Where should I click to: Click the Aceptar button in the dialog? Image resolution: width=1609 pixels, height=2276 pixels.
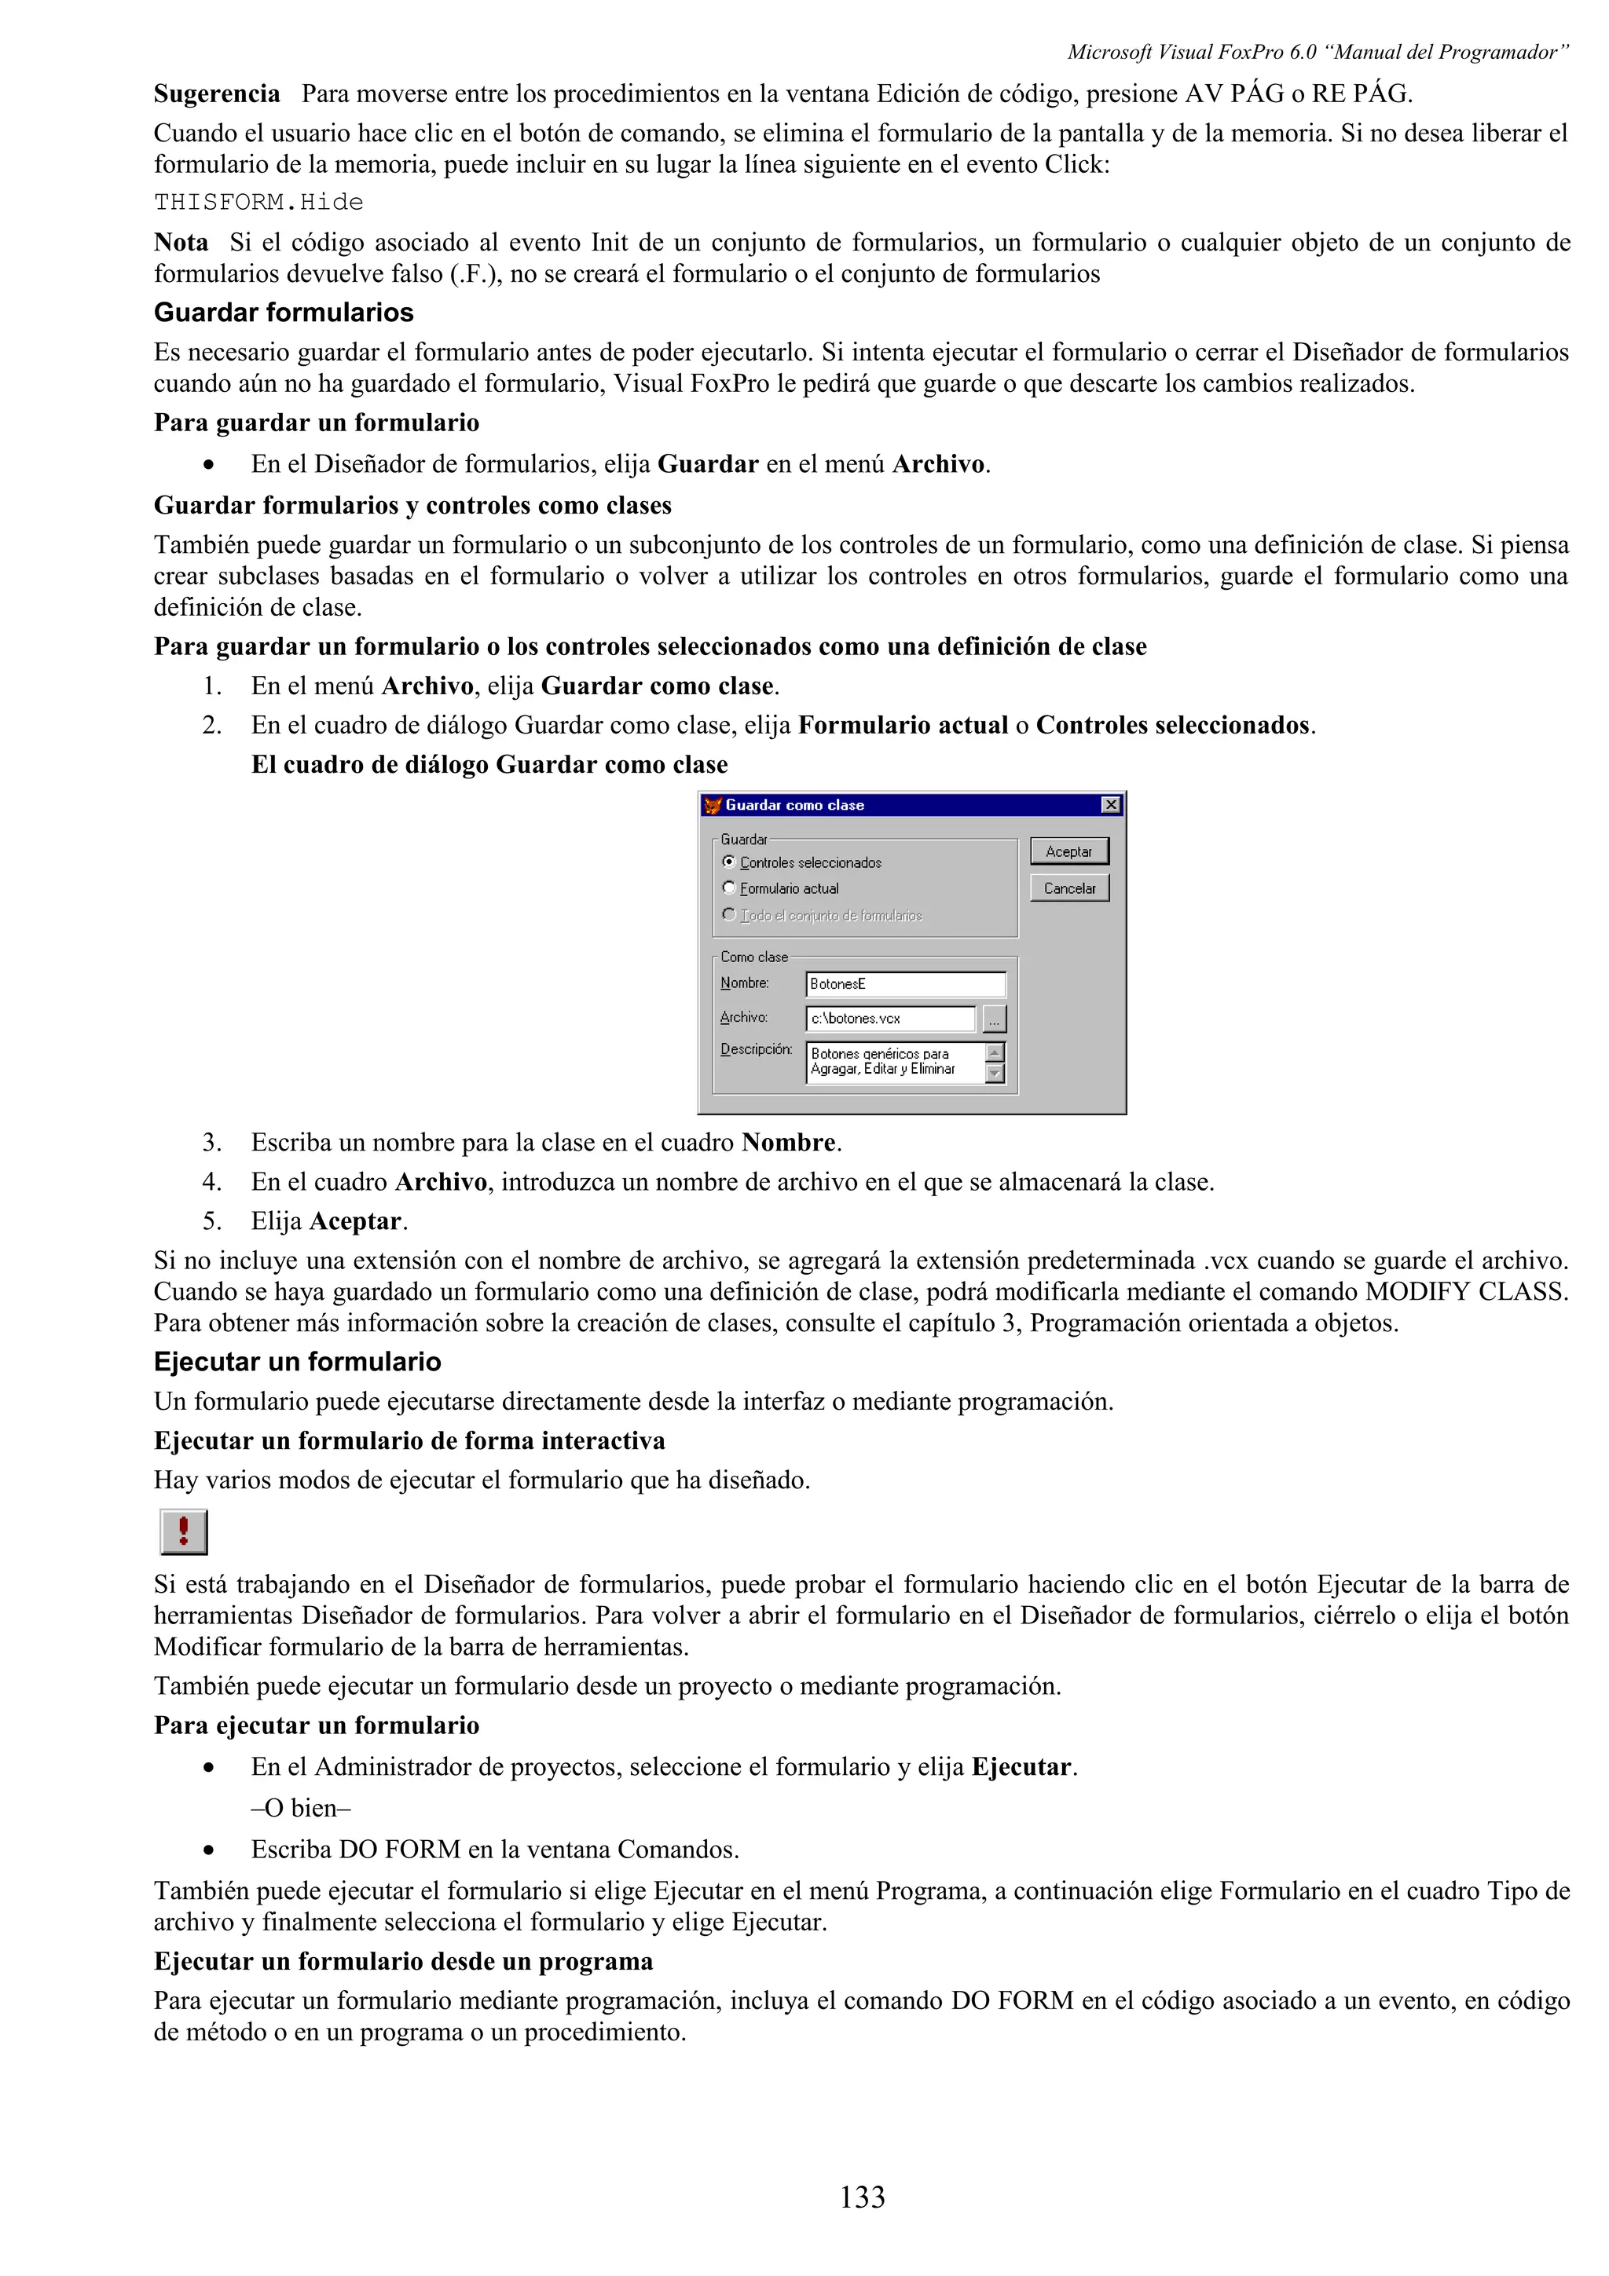[x=1068, y=851]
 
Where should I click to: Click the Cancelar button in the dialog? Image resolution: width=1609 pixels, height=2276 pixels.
[x=1068, y=888]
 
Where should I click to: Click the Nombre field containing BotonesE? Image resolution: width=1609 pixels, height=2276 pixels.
[x=904, y=983]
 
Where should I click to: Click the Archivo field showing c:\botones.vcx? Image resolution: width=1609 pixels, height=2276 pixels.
[x=889, y=1018]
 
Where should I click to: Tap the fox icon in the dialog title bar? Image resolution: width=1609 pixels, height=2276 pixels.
[x=712, y=805]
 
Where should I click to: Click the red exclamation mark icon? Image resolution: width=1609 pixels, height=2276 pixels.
[x=183, y=1531]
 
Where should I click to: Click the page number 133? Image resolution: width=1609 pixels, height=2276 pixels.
[x=862, y=2197]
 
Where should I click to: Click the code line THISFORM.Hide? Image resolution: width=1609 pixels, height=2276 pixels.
[x=258, y=202]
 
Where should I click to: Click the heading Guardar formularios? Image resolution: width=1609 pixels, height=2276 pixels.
[x=284, y=313]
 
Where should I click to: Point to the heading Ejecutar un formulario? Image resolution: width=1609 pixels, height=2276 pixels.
[x=298, y=1361]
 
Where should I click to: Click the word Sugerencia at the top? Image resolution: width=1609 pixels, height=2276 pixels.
[x=217, y=94]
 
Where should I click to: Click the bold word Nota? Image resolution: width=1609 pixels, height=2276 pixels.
[x=181, y=243]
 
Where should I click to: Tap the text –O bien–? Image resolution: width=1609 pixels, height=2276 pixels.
[x=302, y=1807]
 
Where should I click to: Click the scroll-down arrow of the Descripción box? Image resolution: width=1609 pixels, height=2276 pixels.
[x=995, y=1074]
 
